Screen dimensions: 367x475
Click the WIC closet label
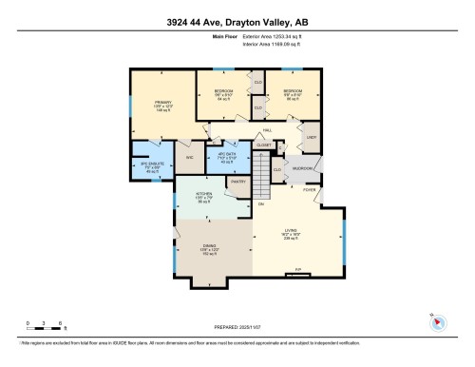[189, 157]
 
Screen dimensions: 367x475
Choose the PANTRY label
[237, 181]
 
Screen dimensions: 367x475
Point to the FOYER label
[310, 189]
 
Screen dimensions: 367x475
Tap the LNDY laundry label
[310, 138]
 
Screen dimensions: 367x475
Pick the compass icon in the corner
[437, 321]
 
